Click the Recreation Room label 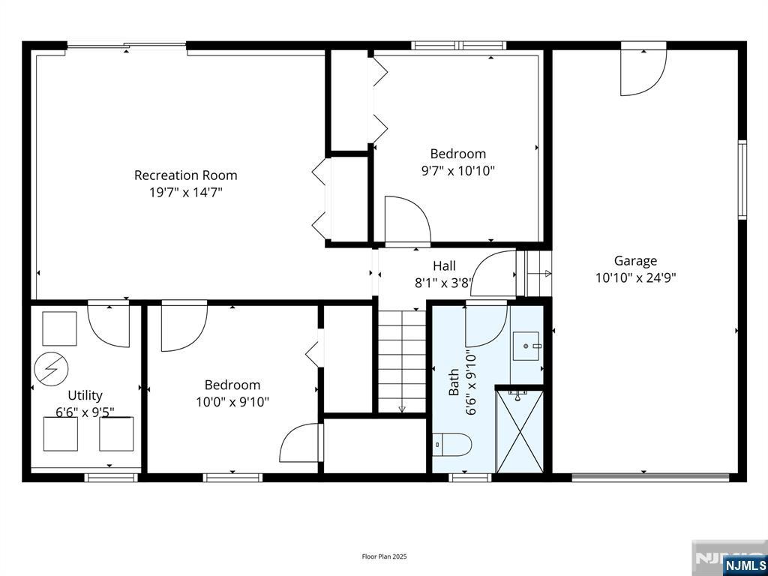tap(185, 175)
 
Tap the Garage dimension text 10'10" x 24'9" tap(635, 277)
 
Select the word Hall tap(444, 266)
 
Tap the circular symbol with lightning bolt tap(52, 368)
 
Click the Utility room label tap(85, 395)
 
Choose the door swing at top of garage tap(643, 73)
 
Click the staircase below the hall tap(402, 360)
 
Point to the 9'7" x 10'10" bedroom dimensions tap(457, 171)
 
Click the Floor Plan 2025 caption tap(384, 556)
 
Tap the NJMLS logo tap(745, 565)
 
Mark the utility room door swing tap(109, 323)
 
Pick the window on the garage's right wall tap(742, 179)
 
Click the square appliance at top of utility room tap(59, 328)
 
